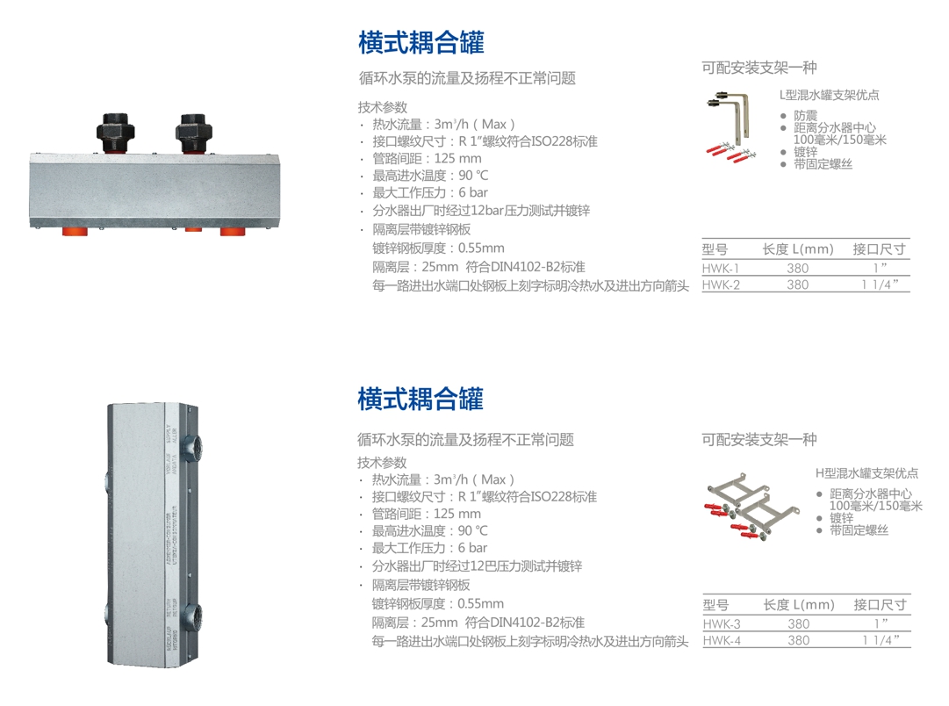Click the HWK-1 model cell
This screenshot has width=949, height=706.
pos(720,268)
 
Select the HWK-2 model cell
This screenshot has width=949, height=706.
pos(721,285)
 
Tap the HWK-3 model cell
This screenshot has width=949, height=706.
pos(722,623)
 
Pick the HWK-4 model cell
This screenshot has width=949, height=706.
pos(722,640)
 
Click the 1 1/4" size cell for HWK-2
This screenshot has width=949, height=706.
pos(880,285)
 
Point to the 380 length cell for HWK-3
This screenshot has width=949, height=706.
pos(798,623)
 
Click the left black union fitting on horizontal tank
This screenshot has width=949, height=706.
pos(115,133)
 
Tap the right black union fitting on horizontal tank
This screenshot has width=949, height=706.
pos(193,133)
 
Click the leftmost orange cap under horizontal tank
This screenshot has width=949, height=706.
pos(75,231)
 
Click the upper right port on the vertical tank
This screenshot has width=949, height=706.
pos(193,449)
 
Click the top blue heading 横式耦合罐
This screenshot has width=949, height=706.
pos(421,42)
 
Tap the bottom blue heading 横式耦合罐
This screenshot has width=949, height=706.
pos(421,399)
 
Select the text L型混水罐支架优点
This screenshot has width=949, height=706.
pos(829,95)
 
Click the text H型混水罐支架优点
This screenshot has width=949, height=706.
pos(866,473)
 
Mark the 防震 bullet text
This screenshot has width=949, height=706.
pos(806,115)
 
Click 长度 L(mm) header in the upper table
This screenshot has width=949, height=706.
pos(798,249)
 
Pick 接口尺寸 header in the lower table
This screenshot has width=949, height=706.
pos(880,604)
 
